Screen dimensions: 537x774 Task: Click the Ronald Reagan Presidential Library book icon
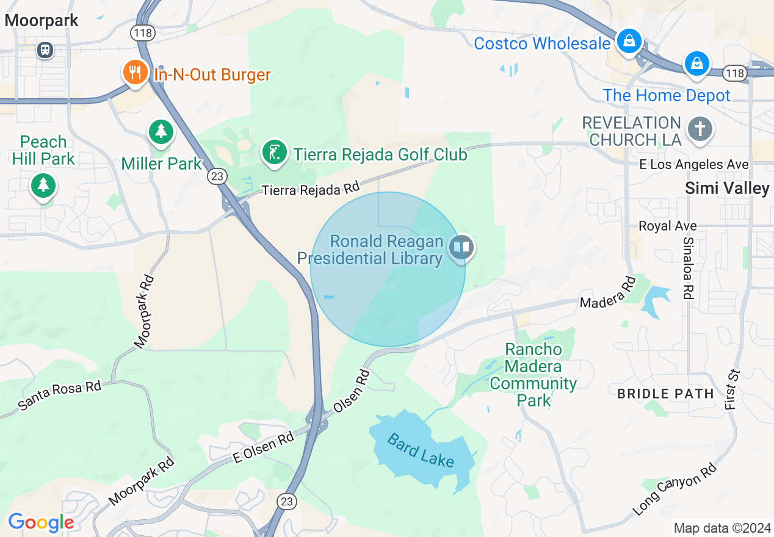click(x=461, y=247)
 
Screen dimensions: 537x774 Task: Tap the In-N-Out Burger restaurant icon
click(x=134, y=72)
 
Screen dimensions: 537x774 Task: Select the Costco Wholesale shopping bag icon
click(x=628, y=41)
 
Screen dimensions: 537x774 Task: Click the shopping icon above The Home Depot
click(x=696, y=63)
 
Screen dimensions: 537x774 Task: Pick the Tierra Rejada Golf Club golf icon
click(x=275, y=152)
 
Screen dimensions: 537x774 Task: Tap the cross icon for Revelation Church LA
click(x=700, y=129)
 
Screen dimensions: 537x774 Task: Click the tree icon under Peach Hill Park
click(x=43, y=185)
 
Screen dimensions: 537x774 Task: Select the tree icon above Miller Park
click(x=161, y=131)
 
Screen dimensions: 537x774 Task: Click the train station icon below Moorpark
click(x=45, y=49)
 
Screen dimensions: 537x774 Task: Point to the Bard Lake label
click(x=421, y=450)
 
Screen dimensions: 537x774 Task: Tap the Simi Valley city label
click(x=726, y=188)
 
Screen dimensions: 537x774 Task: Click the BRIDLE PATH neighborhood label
click(x=665, y=394)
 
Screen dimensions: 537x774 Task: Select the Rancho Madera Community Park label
click(x=533, y=375)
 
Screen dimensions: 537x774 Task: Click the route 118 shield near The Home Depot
click(x=734, y=73)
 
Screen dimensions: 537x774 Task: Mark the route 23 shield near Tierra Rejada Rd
click(x=217, y=176)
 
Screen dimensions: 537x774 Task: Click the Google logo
click(x=41, y=522)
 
